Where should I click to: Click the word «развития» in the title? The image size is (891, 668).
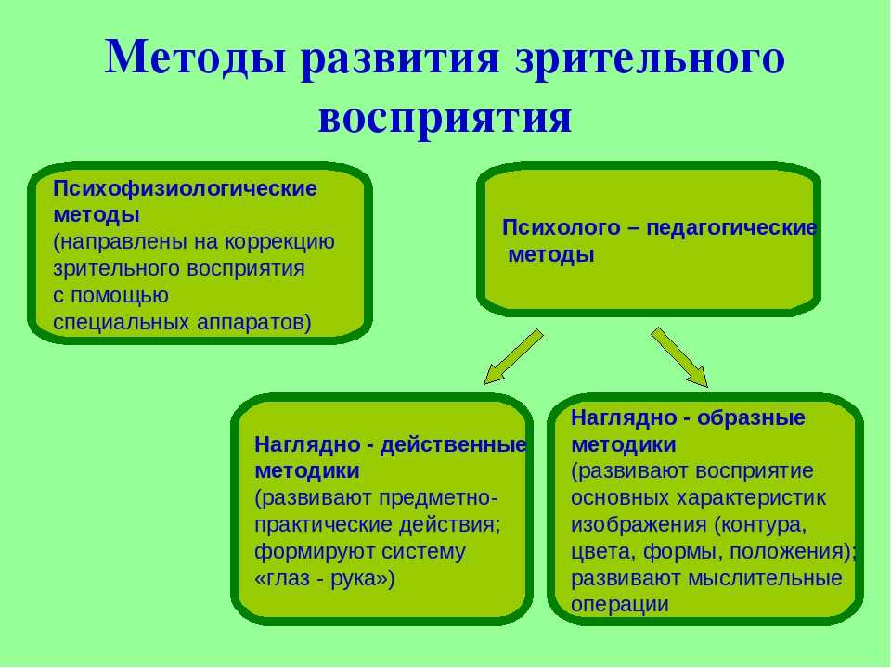pyautogui.click(x=399, y=58)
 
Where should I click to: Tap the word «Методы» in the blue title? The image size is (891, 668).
pyautogui.click(x=195, y=57)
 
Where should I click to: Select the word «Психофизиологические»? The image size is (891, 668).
pyautogui.click(x=185, y=189)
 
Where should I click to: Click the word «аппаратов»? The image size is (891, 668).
pyautogui.click(x=254, y=323)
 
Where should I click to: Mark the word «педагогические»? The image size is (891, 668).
pyautogui.click(x=732, y=228)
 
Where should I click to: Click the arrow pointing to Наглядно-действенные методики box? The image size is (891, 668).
pyautogui.click(x=513, y=356)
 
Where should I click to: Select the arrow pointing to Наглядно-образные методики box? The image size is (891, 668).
pyautogui.click(x=679, y=357)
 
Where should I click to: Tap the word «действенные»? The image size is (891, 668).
pyautogui.click(x=454, y=444)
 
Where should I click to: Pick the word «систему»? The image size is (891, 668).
pyautogui.click(x=423, y=551)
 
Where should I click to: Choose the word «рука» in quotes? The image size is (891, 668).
pyautogui.click(x=354, y=579)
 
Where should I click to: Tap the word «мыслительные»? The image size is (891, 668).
pyautogui.click(x=765, y=578)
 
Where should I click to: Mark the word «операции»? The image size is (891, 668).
pyautogui.click(x=619, y=605)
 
